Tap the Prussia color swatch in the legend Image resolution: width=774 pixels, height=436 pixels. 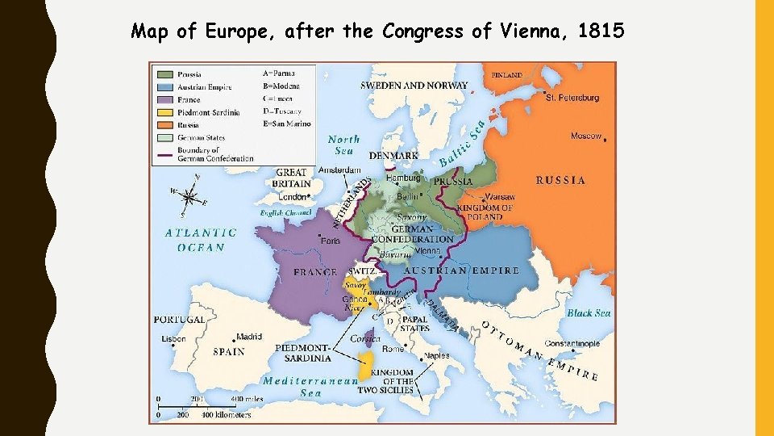pos(164,73)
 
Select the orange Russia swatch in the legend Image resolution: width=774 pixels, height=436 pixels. pos(164,124)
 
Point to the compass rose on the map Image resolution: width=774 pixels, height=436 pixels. pos(189,196)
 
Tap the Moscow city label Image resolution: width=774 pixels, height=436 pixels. pos(586,136)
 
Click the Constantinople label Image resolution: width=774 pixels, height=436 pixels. pos(572,344)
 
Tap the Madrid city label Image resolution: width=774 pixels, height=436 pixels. pos(249,337)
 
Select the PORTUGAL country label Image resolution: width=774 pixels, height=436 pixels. pos(180,320)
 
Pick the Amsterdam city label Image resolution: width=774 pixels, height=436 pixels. pos(339,170)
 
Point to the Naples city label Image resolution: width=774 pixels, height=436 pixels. pos(437,355)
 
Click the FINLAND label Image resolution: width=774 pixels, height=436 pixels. pos(507,74)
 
